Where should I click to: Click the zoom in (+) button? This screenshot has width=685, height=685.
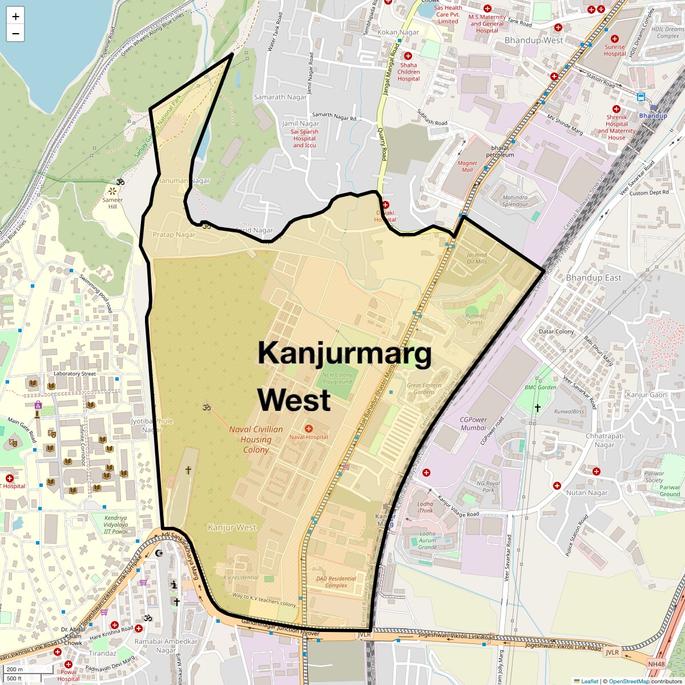15,17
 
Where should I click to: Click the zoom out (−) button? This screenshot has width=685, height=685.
15,34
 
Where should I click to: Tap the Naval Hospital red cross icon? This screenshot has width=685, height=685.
309,428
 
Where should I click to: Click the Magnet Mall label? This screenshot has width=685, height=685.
467,166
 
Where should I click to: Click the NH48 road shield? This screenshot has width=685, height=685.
656,664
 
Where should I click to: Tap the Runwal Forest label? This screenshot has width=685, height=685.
474,319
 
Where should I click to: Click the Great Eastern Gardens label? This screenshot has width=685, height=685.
424,389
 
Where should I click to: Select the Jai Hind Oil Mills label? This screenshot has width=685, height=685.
477,258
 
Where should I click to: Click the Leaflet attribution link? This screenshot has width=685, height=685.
586,681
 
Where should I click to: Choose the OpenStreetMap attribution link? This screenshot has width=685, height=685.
628,681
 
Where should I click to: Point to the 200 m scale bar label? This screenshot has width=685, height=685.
15,669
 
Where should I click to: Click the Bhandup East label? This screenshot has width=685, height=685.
593,277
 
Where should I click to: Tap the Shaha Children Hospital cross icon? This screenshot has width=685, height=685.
408,56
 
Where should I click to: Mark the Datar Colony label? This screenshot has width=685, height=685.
556,332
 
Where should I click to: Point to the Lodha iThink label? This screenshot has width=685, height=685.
425,507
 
